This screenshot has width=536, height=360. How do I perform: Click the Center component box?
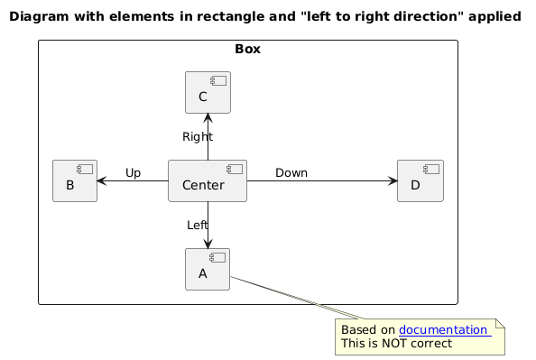click(x=208, y=180)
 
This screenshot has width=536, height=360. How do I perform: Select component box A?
click(x=208, y=270)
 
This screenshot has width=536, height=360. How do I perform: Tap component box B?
click(x=75, y=180)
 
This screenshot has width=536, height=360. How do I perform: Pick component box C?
click(x=208, y=92)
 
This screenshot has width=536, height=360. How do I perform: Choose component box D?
click(x=420, y=180)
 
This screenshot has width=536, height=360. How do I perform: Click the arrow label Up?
click(x=133, y=173)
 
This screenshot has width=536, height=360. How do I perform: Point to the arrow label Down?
click(x=291, y=172)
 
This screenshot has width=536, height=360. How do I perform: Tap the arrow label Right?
click(x=198, y=137)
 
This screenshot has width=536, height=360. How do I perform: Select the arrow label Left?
click(x=198, y=225)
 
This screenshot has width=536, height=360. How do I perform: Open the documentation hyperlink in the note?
click(x=445, y=330)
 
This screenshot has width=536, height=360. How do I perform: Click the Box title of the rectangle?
click(x=248, y=49)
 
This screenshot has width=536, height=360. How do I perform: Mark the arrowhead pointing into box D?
click(x=393, y=180)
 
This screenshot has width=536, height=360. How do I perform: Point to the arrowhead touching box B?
click(x=102, y=180)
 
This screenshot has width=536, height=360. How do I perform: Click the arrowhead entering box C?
click(x=208, y=118)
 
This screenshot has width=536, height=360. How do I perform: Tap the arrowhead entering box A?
click(x=208, y=244)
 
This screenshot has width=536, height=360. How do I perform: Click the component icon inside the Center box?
click(x=235, y=169)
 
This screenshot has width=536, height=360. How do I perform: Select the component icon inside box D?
click(x=431, y=169)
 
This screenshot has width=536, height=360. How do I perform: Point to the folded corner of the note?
click(x=500, y=323)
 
